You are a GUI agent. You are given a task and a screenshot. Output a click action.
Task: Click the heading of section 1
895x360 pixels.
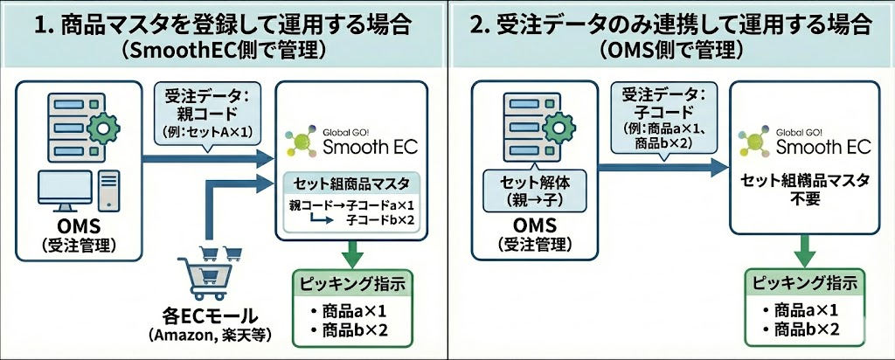coord(225,22)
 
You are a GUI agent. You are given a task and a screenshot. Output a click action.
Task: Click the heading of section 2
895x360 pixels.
coord(670,22)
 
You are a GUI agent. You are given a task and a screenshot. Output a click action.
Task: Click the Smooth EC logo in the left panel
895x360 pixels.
coord(350,139)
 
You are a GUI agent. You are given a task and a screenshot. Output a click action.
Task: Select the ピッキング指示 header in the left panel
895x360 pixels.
coord(350,285)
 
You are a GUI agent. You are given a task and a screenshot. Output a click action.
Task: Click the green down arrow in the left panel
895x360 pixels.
coord(351,254)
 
